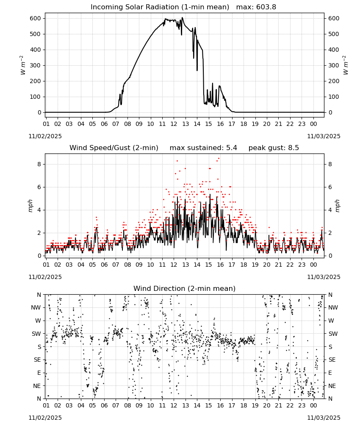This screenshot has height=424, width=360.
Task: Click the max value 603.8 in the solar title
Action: [x=266, y=7]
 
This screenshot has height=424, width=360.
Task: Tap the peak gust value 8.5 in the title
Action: [x=294, y=148]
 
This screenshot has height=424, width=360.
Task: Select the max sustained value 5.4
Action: [x=231, y=148]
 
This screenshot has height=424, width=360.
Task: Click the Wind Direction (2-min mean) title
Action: [x=185, y=288]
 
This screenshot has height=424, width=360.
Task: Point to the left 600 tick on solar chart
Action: [x=36, y=18]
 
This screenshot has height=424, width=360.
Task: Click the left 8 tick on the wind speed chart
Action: [x=39, y=164]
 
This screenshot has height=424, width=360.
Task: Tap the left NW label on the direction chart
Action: [x=36, y=307]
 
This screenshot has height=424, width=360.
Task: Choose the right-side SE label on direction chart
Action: [x=332, y=360]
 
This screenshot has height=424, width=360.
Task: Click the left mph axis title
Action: [x=30, y=206]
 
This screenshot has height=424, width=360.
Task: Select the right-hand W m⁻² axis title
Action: [x=346, y=65]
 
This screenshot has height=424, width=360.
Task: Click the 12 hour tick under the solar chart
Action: [x=174, y=124]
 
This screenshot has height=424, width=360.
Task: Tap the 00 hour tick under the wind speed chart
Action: [x=313, y=265]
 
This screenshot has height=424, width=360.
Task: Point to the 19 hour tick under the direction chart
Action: [x=255, y=406]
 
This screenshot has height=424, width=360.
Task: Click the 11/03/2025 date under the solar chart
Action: [x=324, y=136]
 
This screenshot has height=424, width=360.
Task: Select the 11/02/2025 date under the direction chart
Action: [x=45, y=418]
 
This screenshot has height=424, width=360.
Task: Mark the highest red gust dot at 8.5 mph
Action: [x=219, y=159]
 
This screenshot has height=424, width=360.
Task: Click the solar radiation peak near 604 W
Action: [x=182, y=18]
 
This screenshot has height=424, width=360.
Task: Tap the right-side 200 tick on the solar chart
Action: [x=334, y=81]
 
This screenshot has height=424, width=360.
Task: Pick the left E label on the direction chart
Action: [x=39, y=373]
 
